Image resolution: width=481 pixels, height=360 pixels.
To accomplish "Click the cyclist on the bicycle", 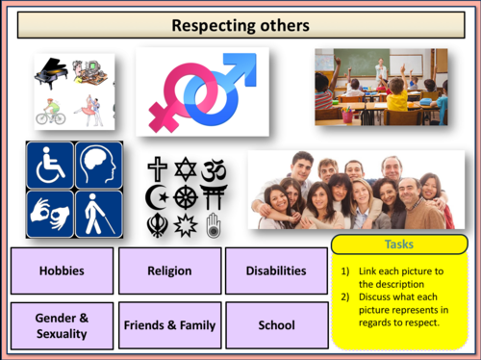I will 51,111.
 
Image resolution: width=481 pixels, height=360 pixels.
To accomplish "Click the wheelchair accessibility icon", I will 50,165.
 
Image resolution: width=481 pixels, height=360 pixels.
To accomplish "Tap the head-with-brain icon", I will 98,165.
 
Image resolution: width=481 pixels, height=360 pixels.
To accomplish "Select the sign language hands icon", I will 50,213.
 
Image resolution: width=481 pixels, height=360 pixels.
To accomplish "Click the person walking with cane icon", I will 98,213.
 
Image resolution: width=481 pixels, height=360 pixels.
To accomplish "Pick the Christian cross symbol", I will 158,168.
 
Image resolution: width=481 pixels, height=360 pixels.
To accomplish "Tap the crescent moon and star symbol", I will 157,198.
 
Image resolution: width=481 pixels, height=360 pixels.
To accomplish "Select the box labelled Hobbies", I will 62,270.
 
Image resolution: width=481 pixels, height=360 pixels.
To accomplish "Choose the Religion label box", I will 169,270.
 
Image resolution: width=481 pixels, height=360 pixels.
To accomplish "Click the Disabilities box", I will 276,270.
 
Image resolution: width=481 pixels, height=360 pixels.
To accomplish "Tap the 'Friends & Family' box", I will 169,324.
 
